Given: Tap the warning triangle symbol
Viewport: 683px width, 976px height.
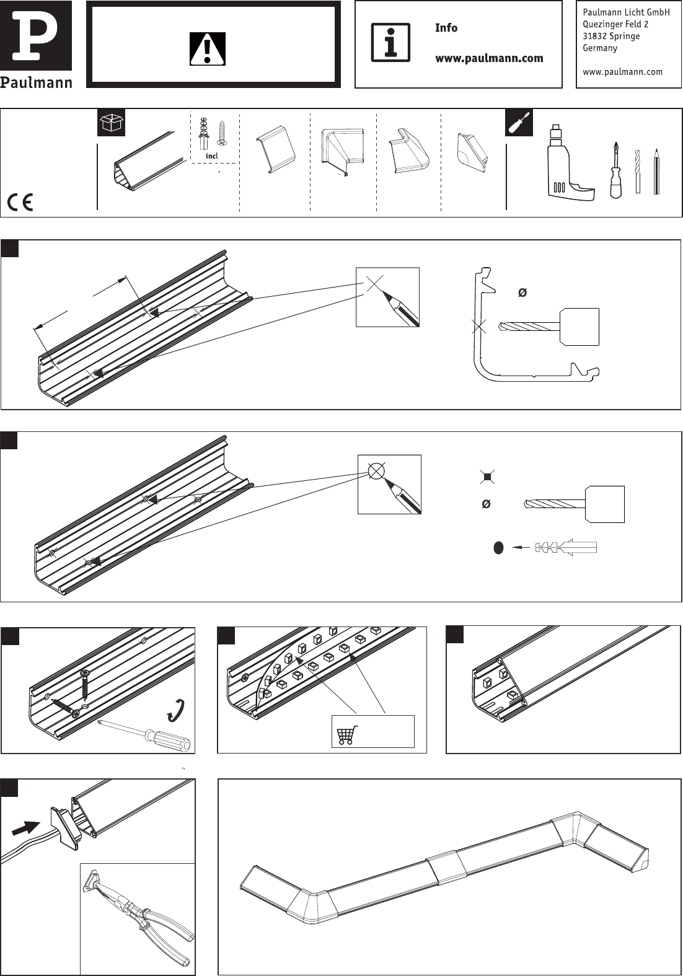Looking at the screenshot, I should tap(208, 49).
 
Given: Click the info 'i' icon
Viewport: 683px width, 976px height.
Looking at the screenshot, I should tap(390, 43).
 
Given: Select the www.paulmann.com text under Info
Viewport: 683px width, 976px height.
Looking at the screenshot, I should tap(489, 58).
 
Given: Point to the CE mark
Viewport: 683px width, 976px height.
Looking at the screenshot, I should tap(20, 202).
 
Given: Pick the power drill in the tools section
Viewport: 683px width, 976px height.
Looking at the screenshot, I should tap(567, 164).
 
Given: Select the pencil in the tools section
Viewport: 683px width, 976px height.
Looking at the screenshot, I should tap(656, 172).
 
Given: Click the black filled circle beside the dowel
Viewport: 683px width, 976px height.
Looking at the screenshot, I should tap(498, 548).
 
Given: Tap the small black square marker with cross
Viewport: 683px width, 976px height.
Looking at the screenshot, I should tap(488, 477).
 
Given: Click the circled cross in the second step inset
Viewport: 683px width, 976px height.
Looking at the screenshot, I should tap(376, 471).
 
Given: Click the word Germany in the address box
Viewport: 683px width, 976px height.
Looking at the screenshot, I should tap(600, 48).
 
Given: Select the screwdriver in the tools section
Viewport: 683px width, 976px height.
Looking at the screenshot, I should tap(615, 170).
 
